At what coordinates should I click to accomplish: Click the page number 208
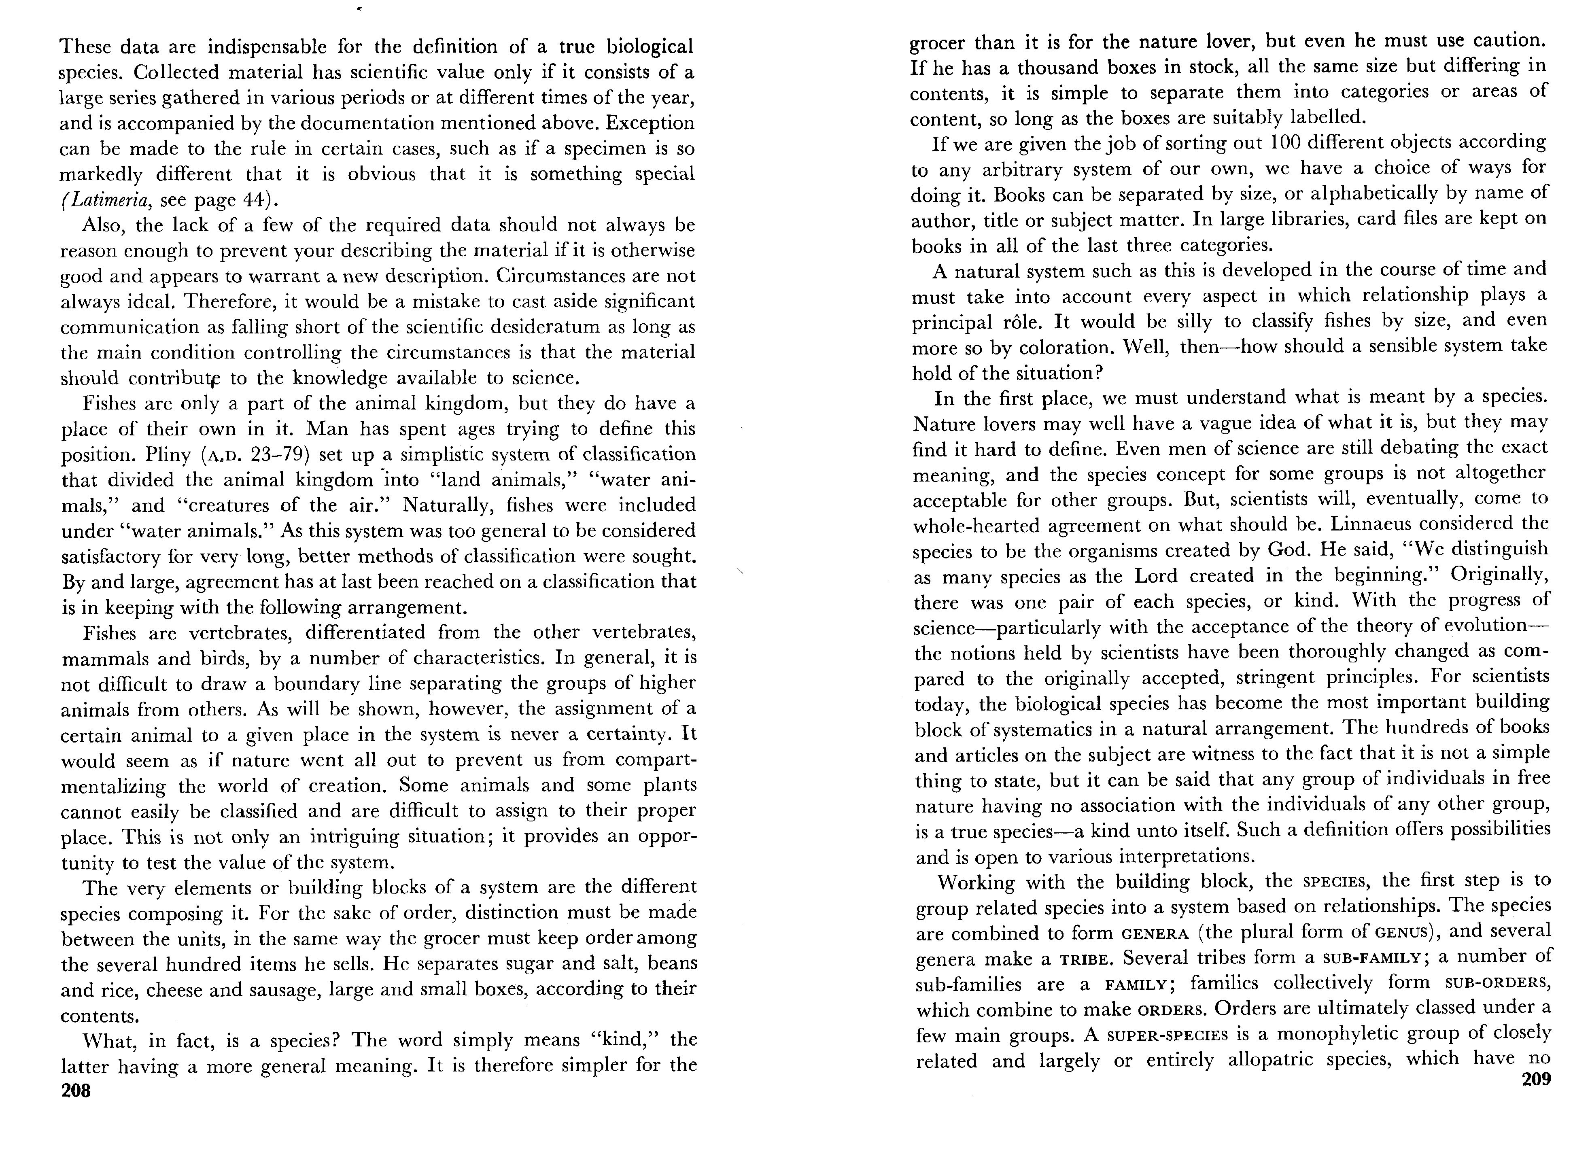click(76, 1091)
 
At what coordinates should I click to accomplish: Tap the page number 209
click(1536, 1079)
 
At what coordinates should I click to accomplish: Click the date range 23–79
click(280, 454)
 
